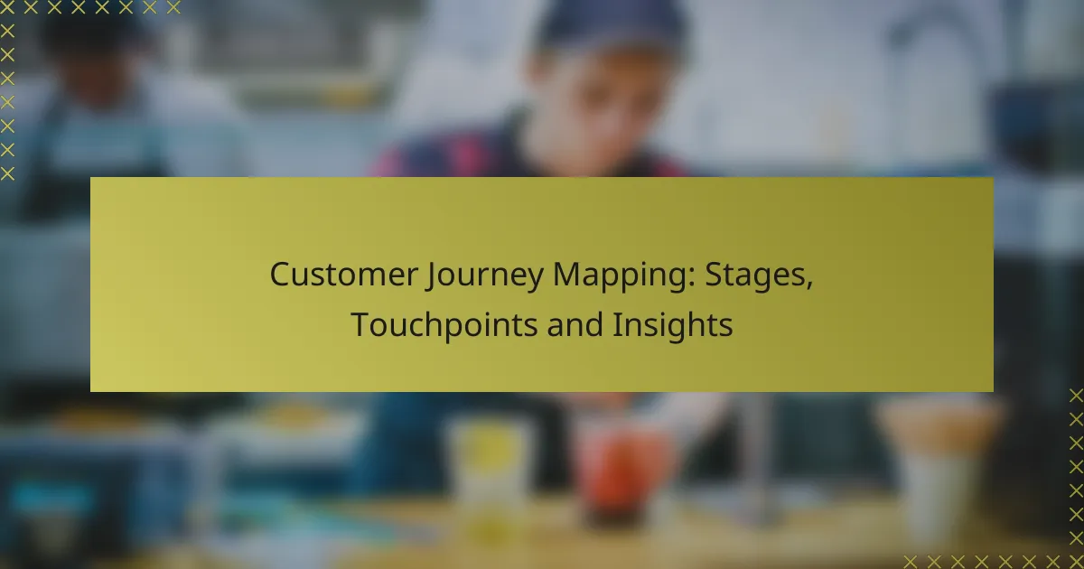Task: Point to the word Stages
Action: pyautogui.click(x=757, y=275)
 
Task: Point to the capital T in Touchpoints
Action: pyautogui.click(x=359, y=325)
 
